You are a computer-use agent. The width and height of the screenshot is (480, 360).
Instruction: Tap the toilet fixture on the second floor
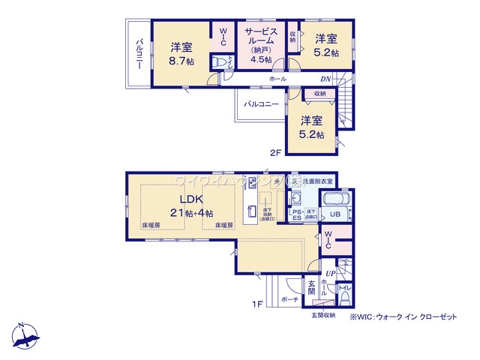click(x=220, y=64)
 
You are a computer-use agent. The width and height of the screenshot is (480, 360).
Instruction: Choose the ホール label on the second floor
click(x=277, y=78)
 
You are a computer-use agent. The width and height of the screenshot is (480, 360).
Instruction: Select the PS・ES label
click(x=296, y=215)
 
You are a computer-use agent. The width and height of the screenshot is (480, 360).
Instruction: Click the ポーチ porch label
click(x=290, y=298)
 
